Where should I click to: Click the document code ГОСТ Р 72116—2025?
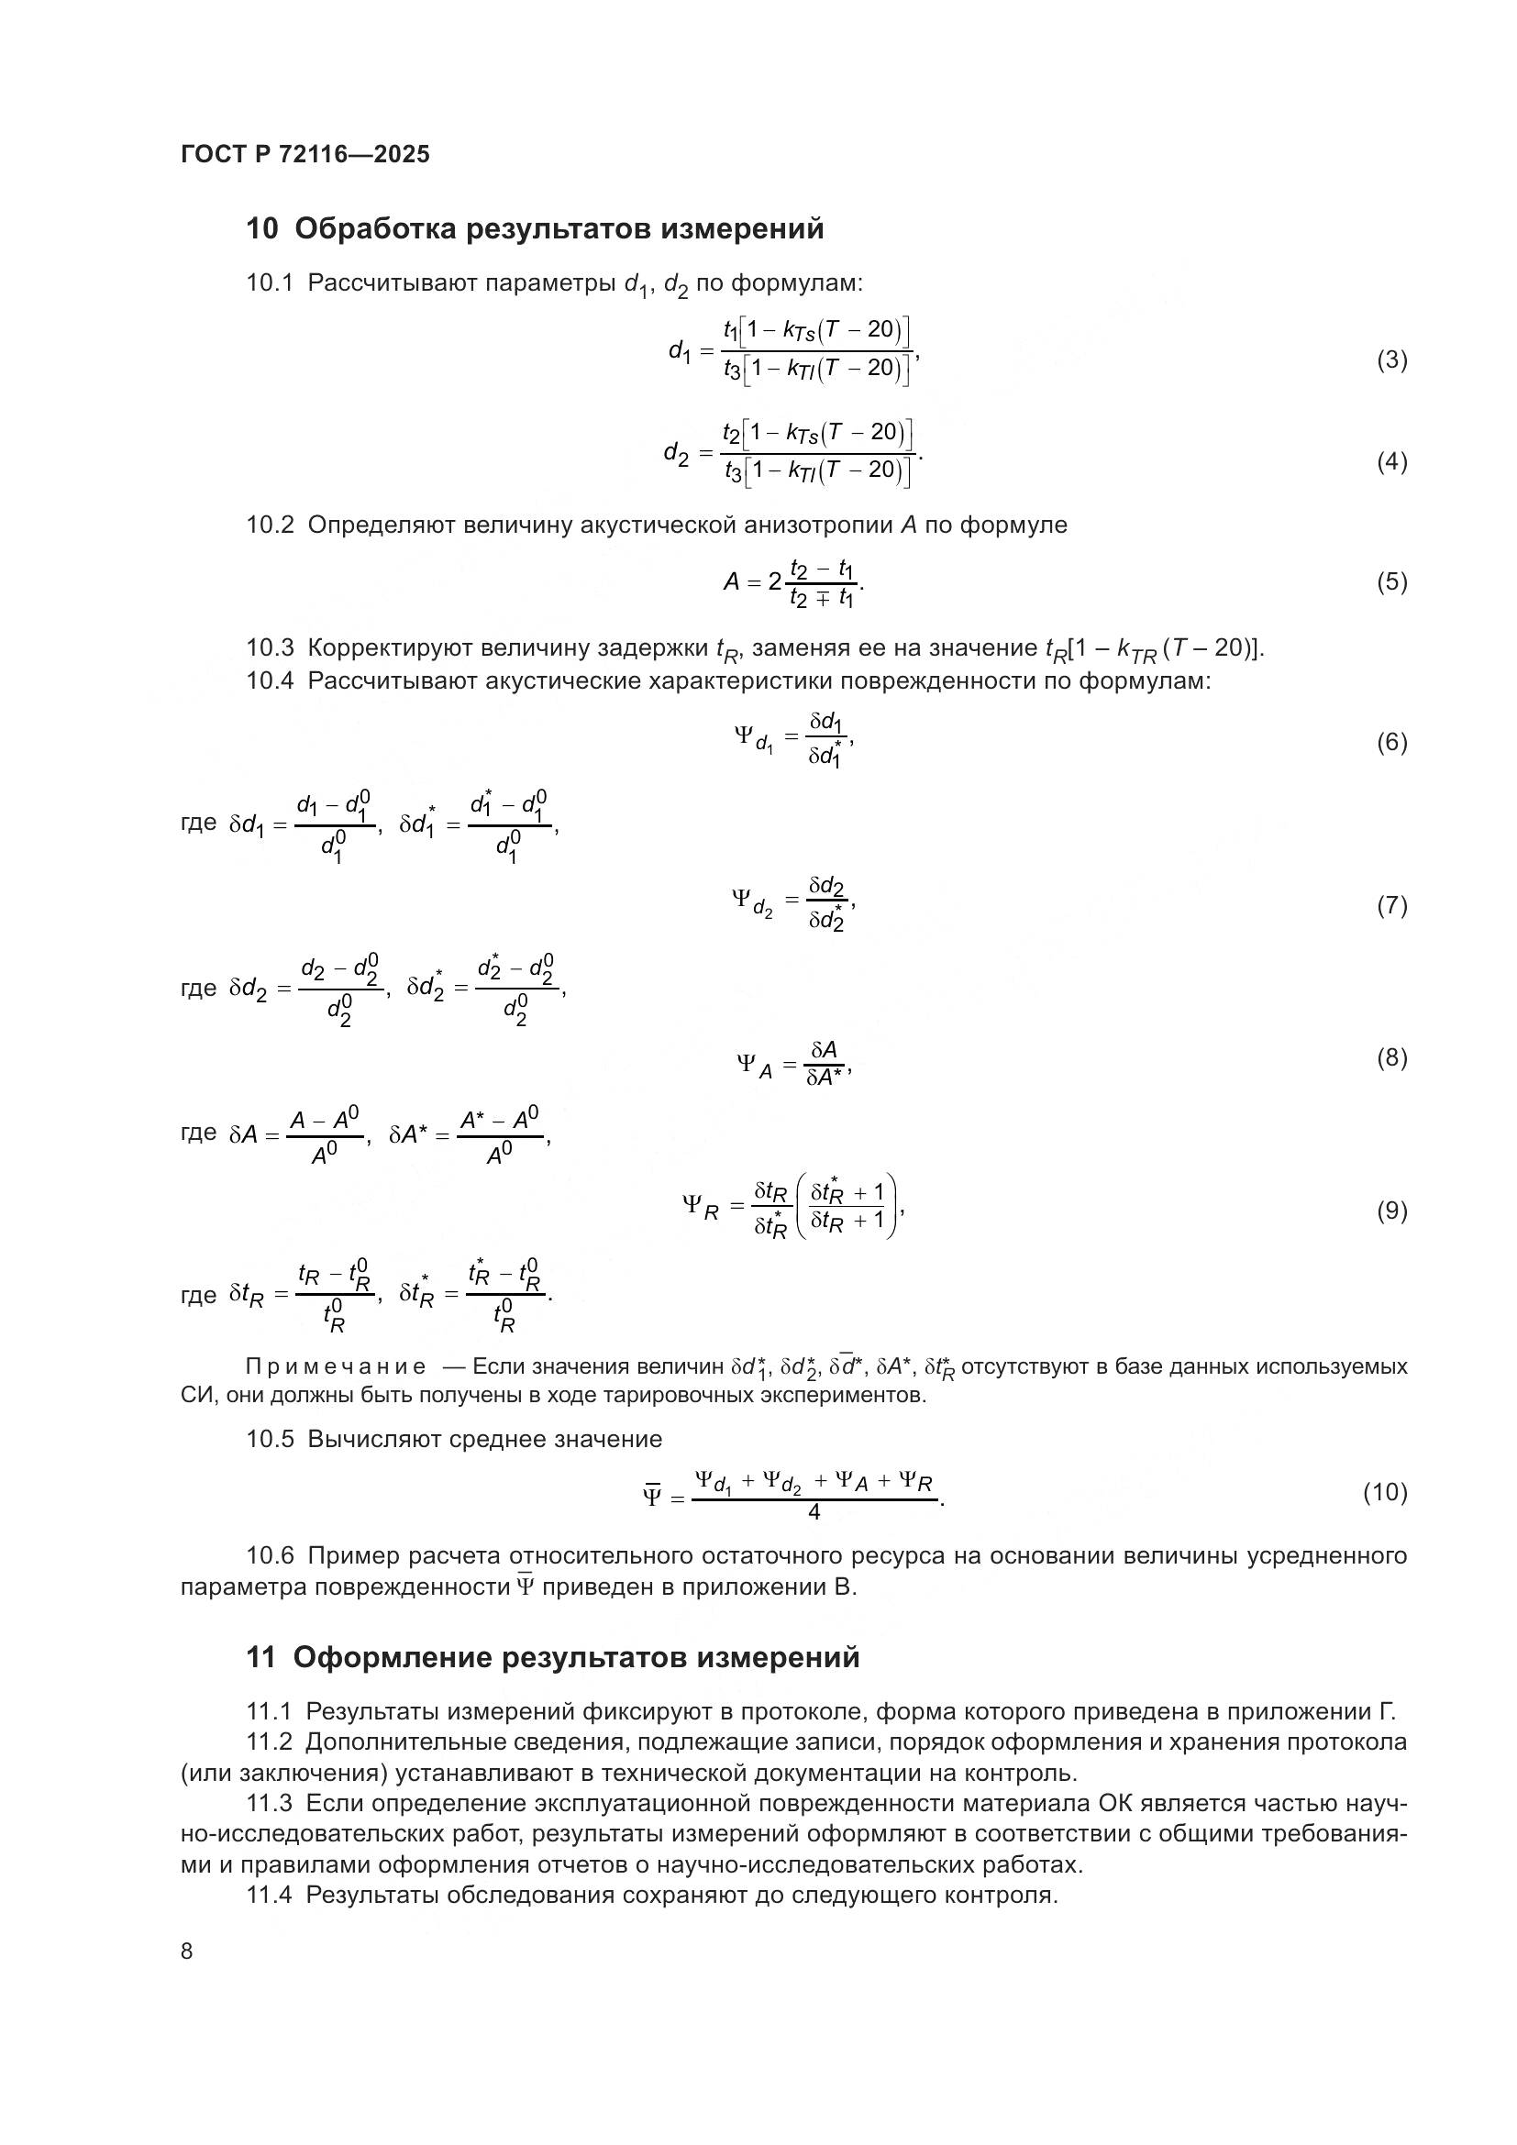click(x=305, y=154)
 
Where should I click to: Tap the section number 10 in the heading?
click(x=261, y=229)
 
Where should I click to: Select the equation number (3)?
click(x=1391, y=359)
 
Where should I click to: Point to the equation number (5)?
click(x=1391, y=582)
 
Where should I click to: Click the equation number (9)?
click(x=1391, y=1211)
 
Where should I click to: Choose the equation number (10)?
click(x=1384, y=1492)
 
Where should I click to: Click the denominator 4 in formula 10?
click(x=814, y=1511)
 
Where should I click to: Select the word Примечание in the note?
click(x=336, y=1366)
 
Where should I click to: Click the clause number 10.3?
click(x=270, y=647)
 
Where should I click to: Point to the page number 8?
click(x=187, y=1951)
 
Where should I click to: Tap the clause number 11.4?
click(x=270, y=1895)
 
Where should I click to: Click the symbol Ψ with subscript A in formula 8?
click(x=753, y=1065)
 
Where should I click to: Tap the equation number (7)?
click(x=1391, y=905)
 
